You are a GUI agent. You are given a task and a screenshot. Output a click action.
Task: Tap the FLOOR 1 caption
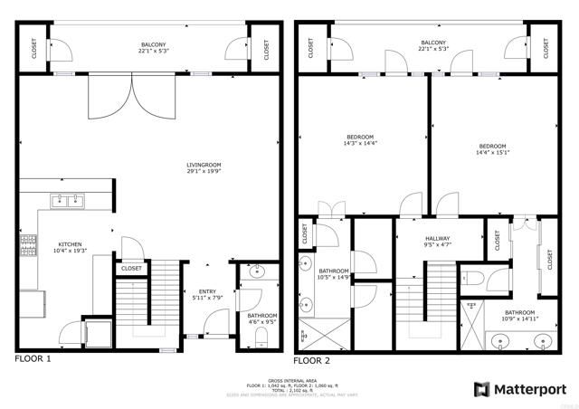33,359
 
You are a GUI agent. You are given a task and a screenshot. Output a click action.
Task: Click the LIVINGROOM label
204,166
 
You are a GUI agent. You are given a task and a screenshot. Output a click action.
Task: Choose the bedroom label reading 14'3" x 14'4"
360,140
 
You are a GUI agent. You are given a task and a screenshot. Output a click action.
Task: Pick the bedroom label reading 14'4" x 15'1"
492,149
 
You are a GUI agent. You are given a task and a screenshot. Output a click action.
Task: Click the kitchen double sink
68,201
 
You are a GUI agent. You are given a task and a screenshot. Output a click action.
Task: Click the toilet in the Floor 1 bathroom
260,338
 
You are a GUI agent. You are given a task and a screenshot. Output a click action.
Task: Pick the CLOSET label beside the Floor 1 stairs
130,269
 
